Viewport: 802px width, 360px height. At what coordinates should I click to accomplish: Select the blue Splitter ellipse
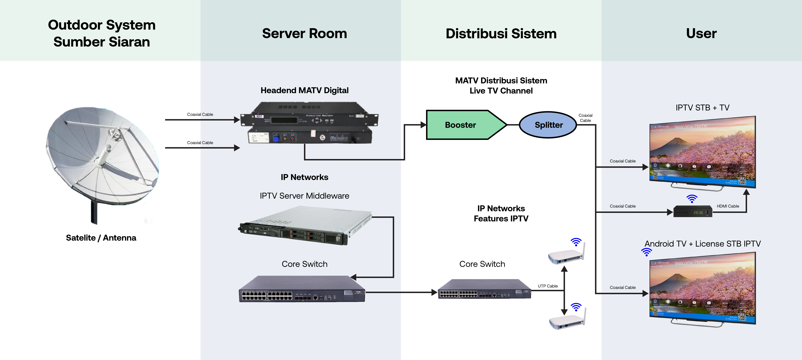[548, 125]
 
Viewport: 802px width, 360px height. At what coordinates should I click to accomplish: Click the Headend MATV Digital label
[304, 90]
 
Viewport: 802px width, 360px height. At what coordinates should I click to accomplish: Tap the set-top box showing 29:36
[693, 212]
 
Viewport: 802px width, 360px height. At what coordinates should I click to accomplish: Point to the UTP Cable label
[548, 286]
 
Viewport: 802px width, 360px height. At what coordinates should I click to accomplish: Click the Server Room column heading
[304, 33]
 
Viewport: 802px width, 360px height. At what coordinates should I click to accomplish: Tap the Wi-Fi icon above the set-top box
[692, 198]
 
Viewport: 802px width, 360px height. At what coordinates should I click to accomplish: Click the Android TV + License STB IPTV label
[702, 244]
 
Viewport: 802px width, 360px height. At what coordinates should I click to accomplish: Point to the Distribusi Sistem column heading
[501, 33]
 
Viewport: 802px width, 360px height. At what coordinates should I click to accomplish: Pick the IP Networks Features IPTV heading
[501, 213]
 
